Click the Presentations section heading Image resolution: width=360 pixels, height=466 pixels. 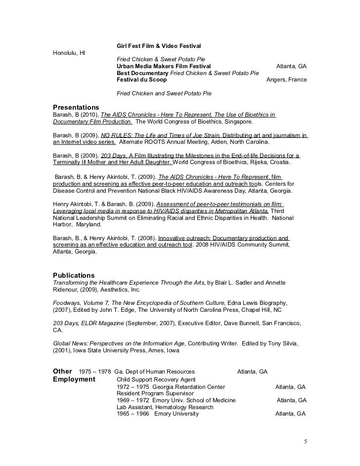76,107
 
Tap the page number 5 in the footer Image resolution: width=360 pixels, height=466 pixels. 305,441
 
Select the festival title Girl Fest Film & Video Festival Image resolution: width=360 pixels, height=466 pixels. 159,45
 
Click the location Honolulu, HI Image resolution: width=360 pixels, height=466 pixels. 69,52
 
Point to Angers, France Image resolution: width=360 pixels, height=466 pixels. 286,80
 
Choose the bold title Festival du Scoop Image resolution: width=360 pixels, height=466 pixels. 141,80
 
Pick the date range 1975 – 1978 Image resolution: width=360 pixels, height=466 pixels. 95,372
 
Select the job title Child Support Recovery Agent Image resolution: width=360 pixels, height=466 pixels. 153,380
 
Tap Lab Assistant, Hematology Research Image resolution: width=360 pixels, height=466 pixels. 165,407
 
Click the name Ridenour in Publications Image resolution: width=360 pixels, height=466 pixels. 67,290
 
